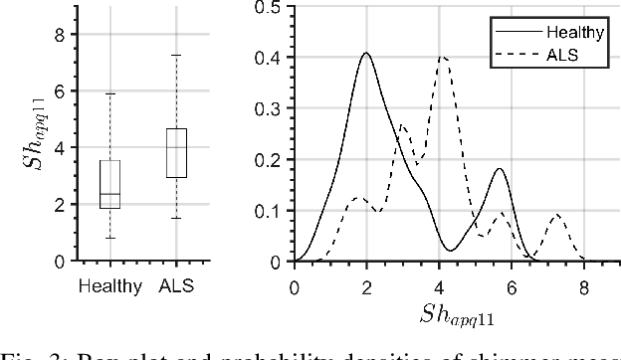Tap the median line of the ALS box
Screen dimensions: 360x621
tap(176, 147)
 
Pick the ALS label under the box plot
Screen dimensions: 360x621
tap(176, 286)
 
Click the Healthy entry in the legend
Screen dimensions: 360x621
tap(577, 33)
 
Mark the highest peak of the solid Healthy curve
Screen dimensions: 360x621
tap(366, 54)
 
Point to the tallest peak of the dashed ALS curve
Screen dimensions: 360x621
tap(442, 58)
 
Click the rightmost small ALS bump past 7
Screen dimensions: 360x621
tap(556, 215)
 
